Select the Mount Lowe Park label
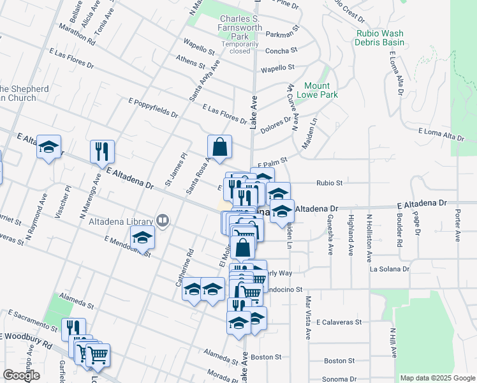(316, 90)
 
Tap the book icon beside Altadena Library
(164, 221)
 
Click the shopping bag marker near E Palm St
(219, 147)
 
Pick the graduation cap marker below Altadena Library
(143, 238)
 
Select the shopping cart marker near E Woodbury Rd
(98, 355)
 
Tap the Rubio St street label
(330, 183)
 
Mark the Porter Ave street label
(457, 227)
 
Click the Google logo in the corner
(21, 375)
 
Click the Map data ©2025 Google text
(437, 378)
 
